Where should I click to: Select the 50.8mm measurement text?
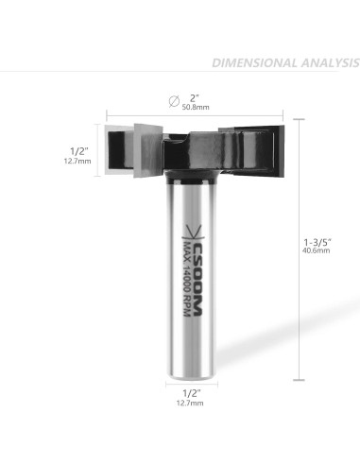coord(196,108)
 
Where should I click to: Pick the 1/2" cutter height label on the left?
coord(80,149)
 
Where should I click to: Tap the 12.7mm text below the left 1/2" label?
coord(79,162)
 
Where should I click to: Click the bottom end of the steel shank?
coord(194,374)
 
